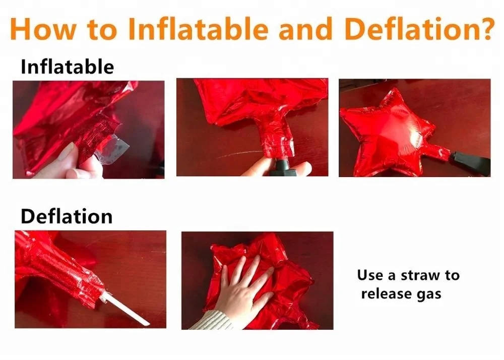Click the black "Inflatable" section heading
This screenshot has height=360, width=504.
[67, 67]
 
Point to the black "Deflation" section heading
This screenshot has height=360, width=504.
[66, 217]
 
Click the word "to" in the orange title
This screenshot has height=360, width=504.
[103, 29]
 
